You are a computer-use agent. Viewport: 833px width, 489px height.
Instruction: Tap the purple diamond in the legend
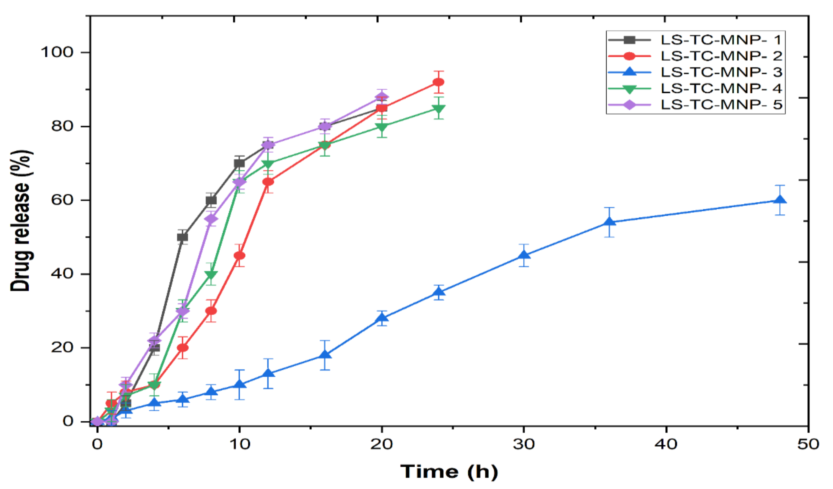pyautogui.click(x=630, y=105)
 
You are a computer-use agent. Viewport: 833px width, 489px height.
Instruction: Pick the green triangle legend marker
pyautogui.click(x=630, y=89)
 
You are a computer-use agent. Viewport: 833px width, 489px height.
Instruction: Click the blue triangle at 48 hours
pyautogui.click(x=780, y=200)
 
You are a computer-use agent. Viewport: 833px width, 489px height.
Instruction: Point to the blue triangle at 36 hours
pyautogui.click(x=609, y=222)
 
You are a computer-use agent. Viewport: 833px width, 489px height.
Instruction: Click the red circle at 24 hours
pyautogui.click(x=438, y=82)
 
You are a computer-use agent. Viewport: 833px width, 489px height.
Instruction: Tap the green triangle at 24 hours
pyautogui.click(x=438, y=108)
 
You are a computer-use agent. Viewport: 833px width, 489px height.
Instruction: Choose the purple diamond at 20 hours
pyautogui.click(x=382, y=97)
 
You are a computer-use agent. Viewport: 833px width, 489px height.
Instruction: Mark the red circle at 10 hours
pyautogui.click(x=239, y=256)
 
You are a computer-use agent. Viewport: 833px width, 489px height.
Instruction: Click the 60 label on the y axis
pyautogui.click(x=61, y=200)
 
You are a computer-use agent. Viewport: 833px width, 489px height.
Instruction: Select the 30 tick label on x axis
pyautogui.click(x=524, y=444)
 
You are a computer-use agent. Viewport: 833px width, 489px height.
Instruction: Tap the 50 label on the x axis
pyautogui.click(x=808, y=444)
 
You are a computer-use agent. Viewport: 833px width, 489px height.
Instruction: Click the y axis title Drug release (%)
pyautogui.click(x=21, y=221)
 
